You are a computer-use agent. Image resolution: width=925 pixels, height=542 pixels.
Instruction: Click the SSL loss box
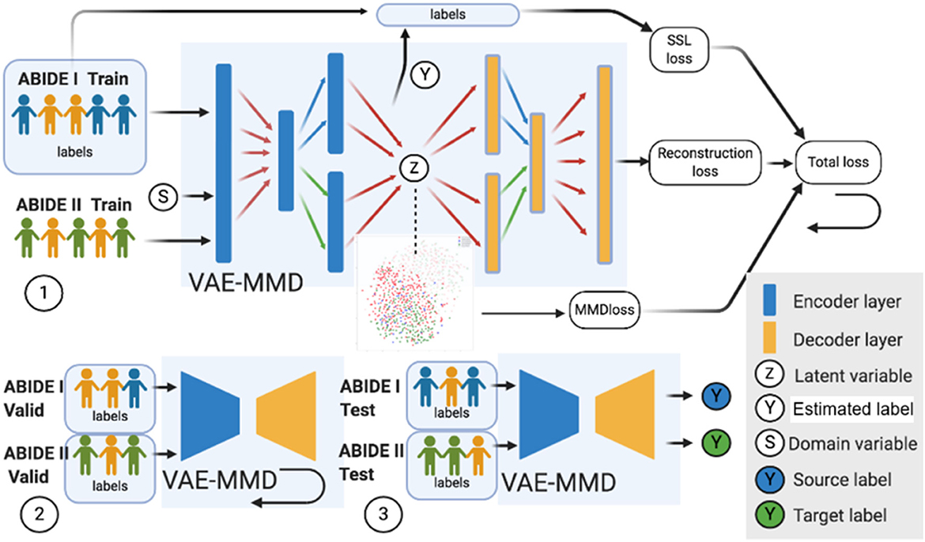[679, 50]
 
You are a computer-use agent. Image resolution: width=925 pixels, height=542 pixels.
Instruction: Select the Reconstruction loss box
[705, 162]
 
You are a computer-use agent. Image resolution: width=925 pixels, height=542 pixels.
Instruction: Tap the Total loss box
[838, 162]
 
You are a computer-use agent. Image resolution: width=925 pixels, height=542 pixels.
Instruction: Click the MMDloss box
[606, 310]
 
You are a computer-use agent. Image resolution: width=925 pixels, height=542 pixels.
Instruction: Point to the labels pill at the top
[447, 14]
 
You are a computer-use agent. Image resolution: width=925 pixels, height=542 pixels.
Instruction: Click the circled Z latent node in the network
[414, 168]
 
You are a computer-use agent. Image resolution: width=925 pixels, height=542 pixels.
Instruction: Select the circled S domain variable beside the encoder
[163, 197]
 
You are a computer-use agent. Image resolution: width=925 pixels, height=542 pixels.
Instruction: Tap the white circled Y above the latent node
[425, 74]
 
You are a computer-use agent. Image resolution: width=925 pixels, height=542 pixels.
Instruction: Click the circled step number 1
[43, 293]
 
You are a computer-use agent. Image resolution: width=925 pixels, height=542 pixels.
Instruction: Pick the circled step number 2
[40, 514]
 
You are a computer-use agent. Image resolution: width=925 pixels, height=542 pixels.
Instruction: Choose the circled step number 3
[383, 514]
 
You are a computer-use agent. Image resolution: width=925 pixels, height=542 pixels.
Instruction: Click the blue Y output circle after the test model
[716, 396]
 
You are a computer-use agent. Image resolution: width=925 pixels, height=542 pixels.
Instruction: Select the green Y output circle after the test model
[716, 443]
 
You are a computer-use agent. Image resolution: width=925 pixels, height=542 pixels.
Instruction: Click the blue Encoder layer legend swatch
[770, 300]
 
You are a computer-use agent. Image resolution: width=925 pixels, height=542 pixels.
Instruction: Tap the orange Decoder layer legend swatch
[770, 338]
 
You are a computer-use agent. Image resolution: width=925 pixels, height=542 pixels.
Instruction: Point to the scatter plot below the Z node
[415, 292]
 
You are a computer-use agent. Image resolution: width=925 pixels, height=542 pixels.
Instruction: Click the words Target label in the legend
[840, 515]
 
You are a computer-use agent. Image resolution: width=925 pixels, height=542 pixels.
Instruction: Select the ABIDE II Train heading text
[74, 205]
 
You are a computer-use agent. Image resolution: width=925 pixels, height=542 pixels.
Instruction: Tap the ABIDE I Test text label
[370, 398]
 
